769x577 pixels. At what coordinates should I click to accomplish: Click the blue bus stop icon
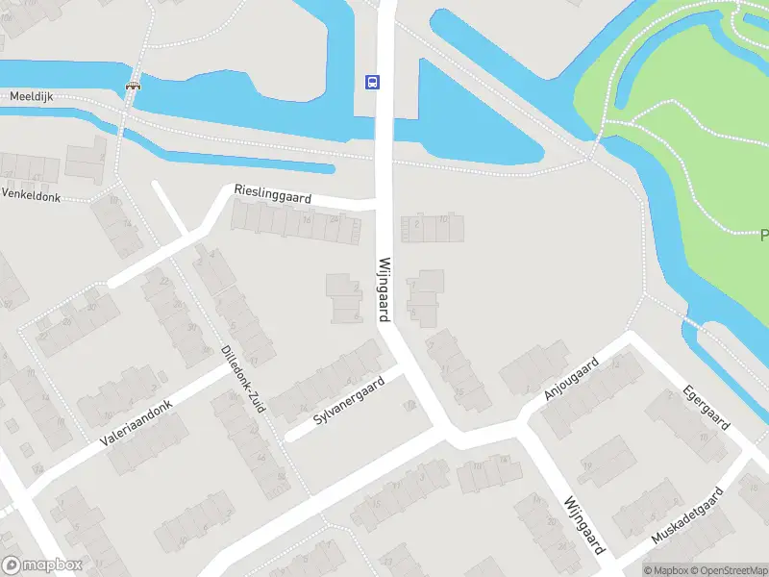click(371, 82)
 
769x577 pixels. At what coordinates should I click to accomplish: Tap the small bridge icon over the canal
click(133, 85)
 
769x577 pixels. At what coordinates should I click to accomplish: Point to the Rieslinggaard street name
click(272, 194)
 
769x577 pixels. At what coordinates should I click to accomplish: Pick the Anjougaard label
click(571, 378)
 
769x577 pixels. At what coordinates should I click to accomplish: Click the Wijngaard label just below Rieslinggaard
click(384, 288)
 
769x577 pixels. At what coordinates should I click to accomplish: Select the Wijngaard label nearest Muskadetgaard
click(583, 525)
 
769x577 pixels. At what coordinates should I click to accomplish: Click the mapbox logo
click(42, 565)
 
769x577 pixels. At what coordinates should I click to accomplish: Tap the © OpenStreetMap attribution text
click(727, 569)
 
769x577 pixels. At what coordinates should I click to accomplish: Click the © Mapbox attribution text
click(665, 569)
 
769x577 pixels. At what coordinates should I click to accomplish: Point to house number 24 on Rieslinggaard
click(334, 220)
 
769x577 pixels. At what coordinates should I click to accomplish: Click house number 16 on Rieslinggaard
click(306, 220)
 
